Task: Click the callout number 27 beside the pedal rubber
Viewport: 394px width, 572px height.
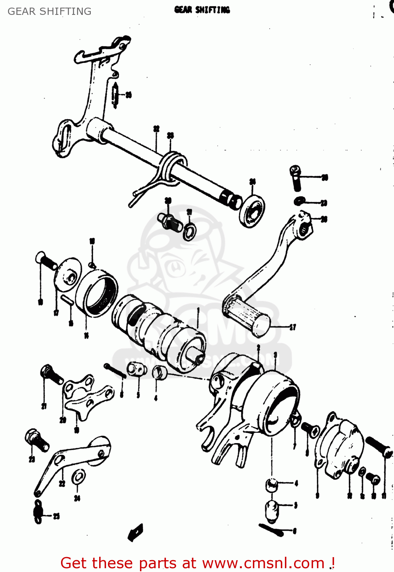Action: coord(293,327)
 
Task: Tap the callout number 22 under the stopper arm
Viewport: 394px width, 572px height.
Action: coord(62,484)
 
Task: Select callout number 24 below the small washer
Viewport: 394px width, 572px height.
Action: coord(77,498)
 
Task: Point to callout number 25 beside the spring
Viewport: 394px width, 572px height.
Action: coord(56,516)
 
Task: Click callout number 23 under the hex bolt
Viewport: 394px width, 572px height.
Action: coord(32,459)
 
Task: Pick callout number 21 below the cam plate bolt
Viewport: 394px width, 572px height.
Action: coord(44,406)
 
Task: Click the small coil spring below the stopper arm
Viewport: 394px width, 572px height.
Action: coord(38,512)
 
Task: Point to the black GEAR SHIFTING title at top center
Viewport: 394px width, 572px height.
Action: coord(202,10)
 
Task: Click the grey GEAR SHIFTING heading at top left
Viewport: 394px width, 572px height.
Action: coord(50,11)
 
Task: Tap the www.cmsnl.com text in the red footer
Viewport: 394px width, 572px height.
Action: coord(263,563)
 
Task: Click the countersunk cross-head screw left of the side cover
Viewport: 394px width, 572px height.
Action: coord(310,429)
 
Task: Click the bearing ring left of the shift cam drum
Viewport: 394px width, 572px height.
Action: coord(97,292)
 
